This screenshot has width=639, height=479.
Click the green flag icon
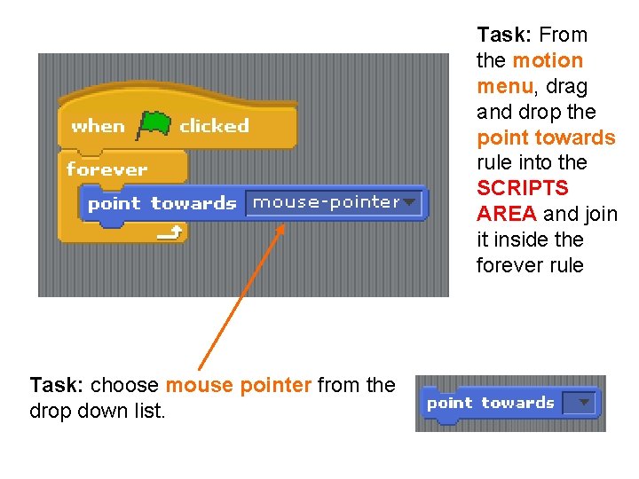click(154, 124)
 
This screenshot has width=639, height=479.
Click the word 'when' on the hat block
click(98, 126)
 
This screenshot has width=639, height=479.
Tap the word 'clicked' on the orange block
click(214, 126)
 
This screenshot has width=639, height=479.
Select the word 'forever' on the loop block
click(106, 169)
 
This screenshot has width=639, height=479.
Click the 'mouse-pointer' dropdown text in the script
click(326, 202)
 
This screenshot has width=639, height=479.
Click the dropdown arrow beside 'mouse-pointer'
click(409, 202)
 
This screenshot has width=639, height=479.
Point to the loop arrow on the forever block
click(171, 232)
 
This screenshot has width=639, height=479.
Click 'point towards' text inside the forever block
click(162, 203)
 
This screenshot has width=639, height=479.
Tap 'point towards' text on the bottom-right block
click(490, 403)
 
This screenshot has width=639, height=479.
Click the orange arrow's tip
click(283, 225)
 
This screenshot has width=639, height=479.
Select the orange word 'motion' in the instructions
click(548, 60)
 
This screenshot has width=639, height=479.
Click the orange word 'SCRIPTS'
click(523, 188)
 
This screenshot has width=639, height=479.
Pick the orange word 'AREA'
click(506, 214)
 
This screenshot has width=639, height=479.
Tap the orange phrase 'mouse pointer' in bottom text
click(239, 386)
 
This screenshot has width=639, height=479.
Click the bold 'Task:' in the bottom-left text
click(58, 386)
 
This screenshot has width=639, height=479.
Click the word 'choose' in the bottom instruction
click(124, 386)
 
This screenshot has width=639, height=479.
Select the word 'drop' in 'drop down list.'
click(51, 412)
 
